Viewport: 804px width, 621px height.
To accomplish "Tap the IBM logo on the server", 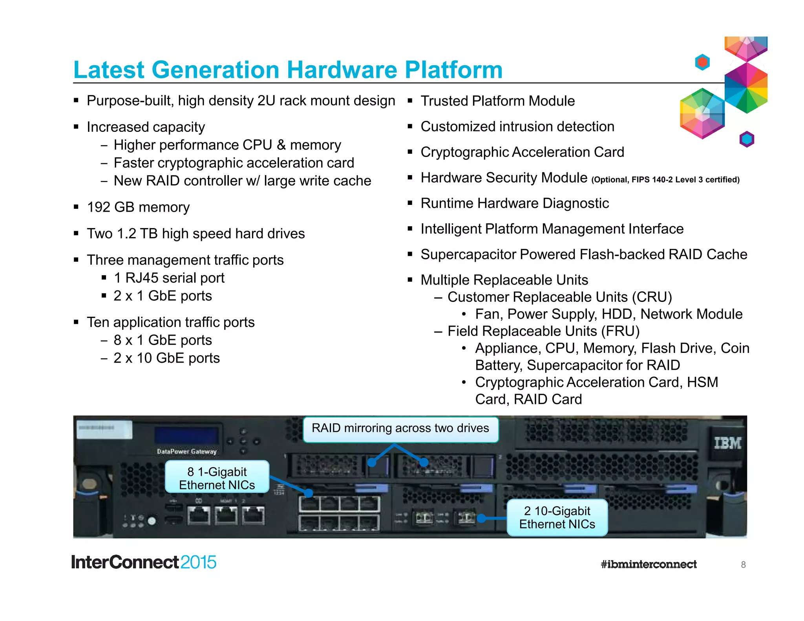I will (x=727, y=443).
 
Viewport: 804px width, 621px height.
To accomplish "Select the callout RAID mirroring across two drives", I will (x=400, y=428).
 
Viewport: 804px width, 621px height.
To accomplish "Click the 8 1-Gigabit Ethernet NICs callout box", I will (x=217, y=478).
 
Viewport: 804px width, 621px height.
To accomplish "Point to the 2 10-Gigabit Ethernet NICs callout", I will (x=557, y=517).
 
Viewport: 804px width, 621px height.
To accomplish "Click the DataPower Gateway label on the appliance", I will (x=187, y=451).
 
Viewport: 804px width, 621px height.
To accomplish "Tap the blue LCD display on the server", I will (x=186, y=436).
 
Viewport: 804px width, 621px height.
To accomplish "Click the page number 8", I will (x=743, y=564).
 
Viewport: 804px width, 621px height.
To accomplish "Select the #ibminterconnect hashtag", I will (x=649, y=564).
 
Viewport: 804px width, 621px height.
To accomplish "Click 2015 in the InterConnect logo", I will (x=198, y=562).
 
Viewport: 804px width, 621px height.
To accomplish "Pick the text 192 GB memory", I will (x=138, y=207).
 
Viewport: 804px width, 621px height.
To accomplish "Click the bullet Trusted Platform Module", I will (x=497, y=101).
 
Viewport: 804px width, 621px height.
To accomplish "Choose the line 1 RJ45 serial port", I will (x=169, y=278).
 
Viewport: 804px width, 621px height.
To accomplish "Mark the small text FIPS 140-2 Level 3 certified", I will (x=685, y=180).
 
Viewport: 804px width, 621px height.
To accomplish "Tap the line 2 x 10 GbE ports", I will (x=166, y=358).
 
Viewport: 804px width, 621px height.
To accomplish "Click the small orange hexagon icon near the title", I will (x=702, y=62).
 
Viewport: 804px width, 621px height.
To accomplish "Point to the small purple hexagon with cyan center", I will (x=747, y=139).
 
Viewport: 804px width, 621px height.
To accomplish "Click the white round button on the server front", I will (x=152, y=521).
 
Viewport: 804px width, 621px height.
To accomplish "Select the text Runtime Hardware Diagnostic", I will (x=514, y=203).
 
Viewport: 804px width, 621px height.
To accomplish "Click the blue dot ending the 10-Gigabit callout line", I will (x=481, y=519).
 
